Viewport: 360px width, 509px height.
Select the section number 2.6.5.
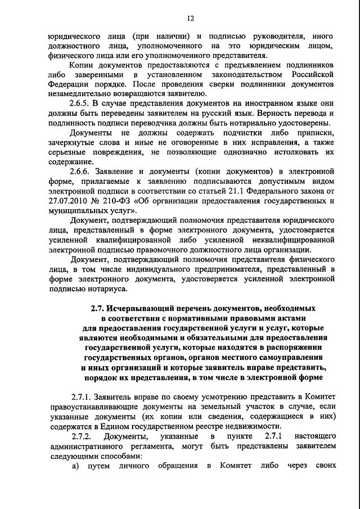coord(82,103)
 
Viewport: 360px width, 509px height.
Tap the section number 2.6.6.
coord(82,170)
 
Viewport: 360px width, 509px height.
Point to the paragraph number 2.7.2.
coord(82,436)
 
